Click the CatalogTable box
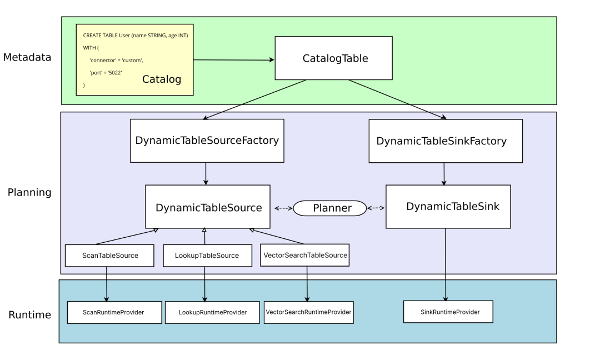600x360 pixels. (334, 58)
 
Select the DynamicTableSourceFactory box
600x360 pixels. (207, 141)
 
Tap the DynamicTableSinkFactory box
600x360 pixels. (445, 141)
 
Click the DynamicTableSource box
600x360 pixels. (208, 207)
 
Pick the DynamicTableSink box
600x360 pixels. (448, 207)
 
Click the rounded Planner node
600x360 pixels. (330, 208)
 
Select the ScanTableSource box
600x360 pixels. (109, 256)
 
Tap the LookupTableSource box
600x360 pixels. (207, 256)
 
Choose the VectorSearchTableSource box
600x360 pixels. (305, 255)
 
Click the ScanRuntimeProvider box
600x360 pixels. (114, 312)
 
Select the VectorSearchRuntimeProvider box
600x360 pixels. (308, 312)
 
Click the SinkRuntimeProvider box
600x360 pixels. (448, 312)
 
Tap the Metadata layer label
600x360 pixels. (27, 57)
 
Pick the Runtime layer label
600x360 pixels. (29, 315)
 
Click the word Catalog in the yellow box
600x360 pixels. (162, 79)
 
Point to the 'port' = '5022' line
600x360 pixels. (106, 73)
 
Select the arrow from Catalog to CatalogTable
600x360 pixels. (234, 59)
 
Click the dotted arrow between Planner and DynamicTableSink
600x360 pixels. (376, 208)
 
